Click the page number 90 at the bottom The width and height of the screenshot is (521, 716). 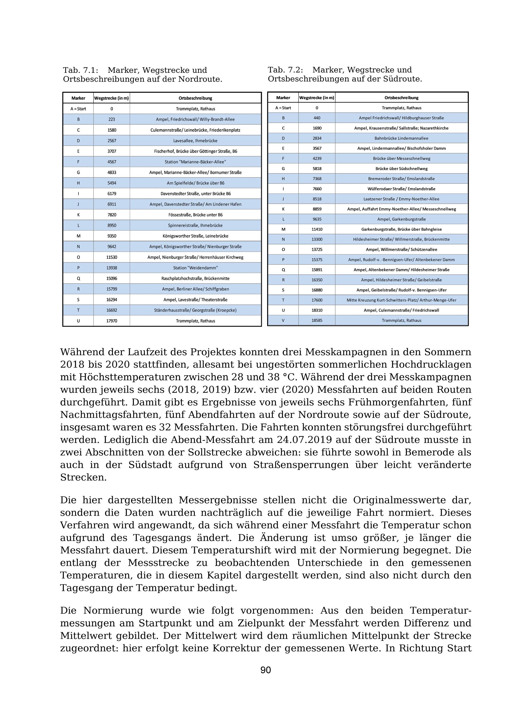[x=265, y=670]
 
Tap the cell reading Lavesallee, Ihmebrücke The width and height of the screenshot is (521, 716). [x=195, y=141]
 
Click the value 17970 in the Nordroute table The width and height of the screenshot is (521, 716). [x=112, y=321]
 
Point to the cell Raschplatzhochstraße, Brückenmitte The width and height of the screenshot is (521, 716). [x=195, y=279]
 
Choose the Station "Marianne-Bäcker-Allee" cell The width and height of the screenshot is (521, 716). [x=195, y=162]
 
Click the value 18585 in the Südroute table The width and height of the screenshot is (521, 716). [x=317, y=320]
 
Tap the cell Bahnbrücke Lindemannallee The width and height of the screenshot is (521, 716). [x=401, y=138]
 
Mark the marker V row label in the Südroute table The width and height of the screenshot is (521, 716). [x=283, y=320]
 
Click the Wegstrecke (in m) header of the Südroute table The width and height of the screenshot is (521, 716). [x=317, y=98]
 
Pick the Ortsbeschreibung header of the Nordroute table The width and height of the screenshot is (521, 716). [x=195, y=98]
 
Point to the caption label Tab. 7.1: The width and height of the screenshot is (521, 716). [x=81, y=70]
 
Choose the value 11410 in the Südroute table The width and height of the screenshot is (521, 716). [x=317, y=230]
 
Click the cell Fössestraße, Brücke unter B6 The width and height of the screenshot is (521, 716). [x=195, y=215]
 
